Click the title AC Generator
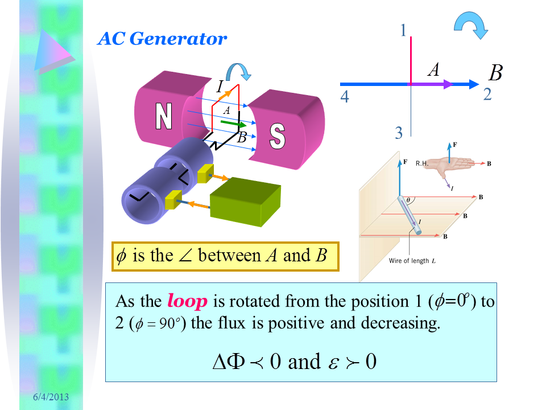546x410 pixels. click(162, 39)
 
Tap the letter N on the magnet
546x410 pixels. click(164, 117)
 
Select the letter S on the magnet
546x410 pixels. click(277, 136)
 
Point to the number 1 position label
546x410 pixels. click(403, 30)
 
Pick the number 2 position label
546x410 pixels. click(487, 95)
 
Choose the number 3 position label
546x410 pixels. click(399, 133)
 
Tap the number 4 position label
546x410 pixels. click(344, 97)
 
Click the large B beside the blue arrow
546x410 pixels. click(496, 73)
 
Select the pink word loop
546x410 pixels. click(188, 301)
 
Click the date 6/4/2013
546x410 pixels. click(50, 396)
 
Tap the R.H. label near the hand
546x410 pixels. click(422, 163)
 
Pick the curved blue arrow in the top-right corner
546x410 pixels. click(470, 26)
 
